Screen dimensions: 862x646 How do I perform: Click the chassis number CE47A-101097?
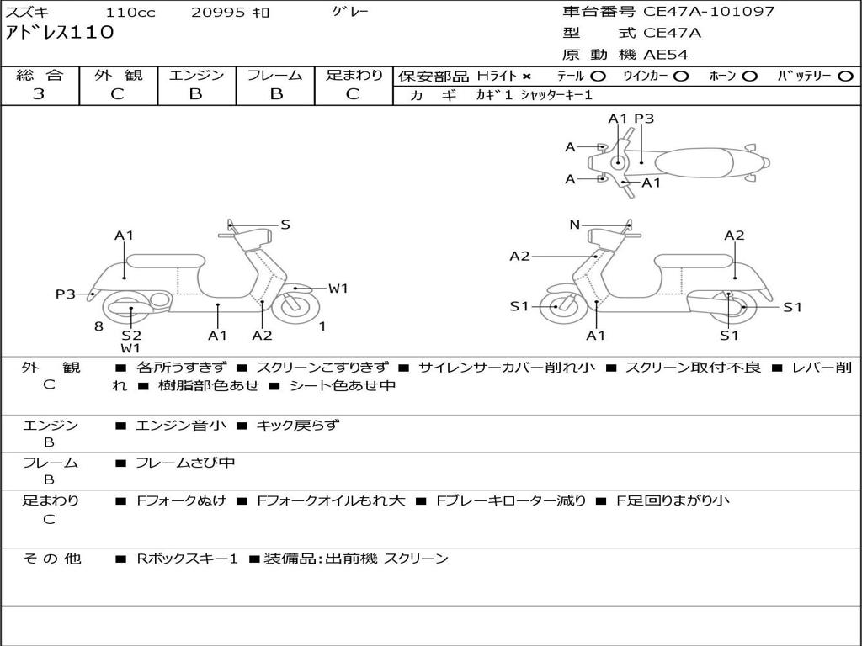click(x=709, y=12)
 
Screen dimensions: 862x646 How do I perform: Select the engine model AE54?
click(x=666, y=55)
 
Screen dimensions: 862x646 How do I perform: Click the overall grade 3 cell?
click(x=39, y=94)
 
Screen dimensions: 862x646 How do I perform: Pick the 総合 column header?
click(x=40, y=75)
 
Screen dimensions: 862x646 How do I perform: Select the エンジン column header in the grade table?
click(x=196, y=75)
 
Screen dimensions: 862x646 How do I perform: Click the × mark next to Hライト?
click(x=527, y=76)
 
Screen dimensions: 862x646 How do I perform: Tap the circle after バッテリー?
click(x=845, y=76)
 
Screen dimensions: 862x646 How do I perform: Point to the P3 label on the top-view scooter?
click(x=644, y=119)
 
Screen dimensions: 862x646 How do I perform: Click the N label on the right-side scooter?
click(x=575, y=225)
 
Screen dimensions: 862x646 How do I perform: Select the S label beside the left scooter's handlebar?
click(x=285, y=225)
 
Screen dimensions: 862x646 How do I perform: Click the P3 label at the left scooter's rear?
click(x=66, y=294)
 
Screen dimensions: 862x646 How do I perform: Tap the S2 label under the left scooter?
click(x=131, y=335)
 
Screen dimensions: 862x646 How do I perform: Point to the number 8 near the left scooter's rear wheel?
click(x=98, y=326)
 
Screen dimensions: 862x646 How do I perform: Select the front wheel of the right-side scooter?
click(x=558, y=307)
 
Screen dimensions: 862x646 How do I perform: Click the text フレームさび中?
click(x=185, y=463)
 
